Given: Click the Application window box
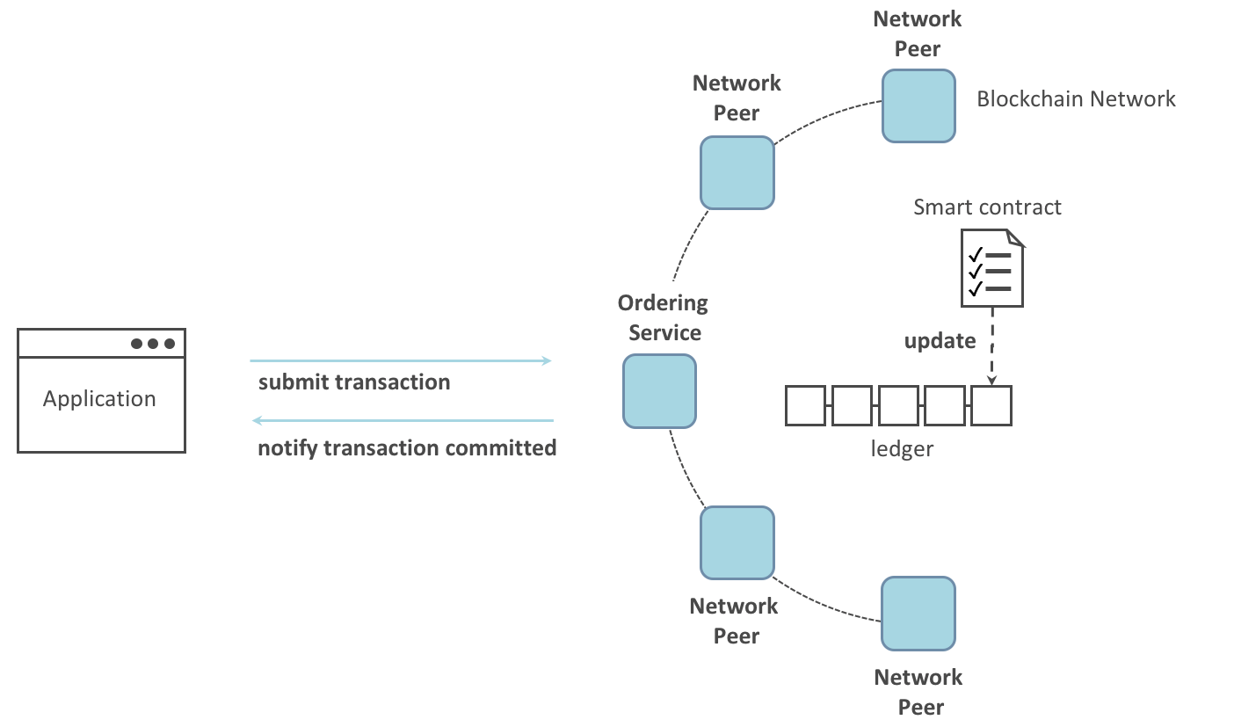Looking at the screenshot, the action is pos(101,391).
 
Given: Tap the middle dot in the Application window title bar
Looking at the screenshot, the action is pos(153,344).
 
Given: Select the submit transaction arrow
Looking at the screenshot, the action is pos(401,361).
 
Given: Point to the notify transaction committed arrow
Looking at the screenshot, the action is pos(403,420).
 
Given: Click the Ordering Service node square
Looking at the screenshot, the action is pos(659,391).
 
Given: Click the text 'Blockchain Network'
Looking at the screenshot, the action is pos(1076,99).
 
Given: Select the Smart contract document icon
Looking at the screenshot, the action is pos(992,268).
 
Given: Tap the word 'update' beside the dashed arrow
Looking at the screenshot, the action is pos(940,340).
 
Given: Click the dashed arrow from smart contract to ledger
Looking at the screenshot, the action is pos(992,346).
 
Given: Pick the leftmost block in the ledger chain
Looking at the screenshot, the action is pos(805,405).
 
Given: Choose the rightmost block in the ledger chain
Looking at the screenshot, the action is pos(991,405).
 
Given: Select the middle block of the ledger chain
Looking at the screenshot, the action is pos(898,405).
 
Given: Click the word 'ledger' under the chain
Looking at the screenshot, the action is pos(902,448).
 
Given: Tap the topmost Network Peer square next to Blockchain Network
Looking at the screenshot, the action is pos(918,105).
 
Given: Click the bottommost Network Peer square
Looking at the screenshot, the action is pos(918,614).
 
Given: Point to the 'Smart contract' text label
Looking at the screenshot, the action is pos(987,207).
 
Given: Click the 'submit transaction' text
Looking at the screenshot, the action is pos(354,382).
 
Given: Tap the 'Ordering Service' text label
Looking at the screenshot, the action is pos(664,317).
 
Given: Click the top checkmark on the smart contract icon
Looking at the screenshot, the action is pos(976,254).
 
